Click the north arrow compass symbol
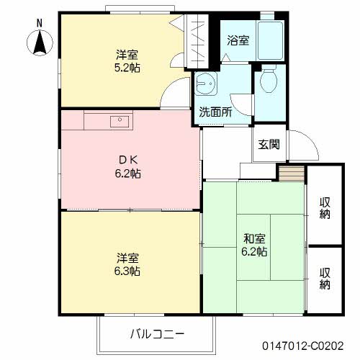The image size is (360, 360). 40,45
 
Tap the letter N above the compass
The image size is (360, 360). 40,23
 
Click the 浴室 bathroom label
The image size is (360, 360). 238,40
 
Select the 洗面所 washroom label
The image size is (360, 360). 215,112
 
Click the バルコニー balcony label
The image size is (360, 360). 158,334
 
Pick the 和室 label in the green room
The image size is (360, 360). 254,238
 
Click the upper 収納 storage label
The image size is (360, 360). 325,206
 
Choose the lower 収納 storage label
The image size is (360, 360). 325,278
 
